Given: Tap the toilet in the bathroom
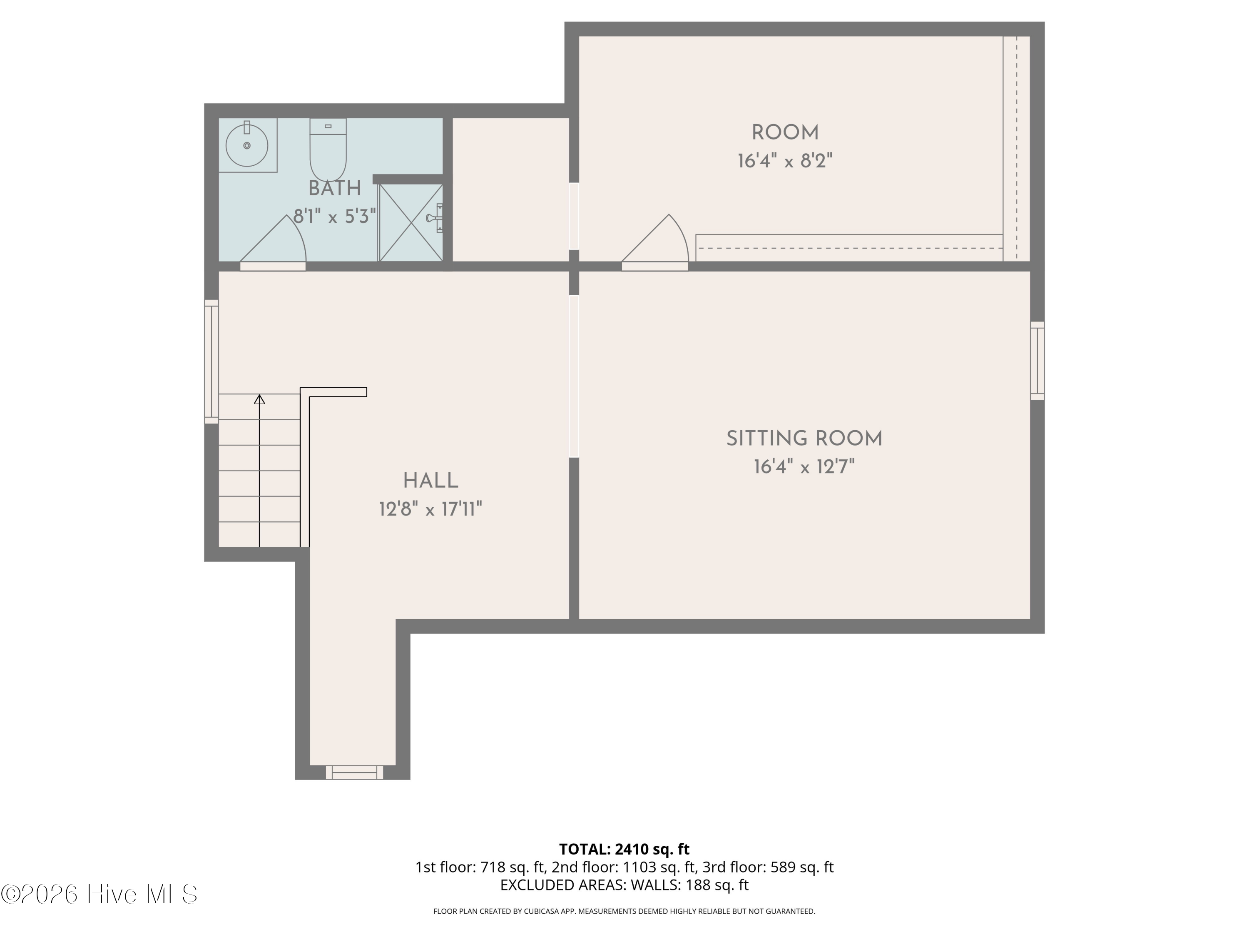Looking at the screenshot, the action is click(328, 150).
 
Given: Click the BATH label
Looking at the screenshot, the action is click(335, 188).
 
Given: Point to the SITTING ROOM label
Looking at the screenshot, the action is click(804, 439).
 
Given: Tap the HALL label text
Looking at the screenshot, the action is click(430, 481).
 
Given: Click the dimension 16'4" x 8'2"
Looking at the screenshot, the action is click(785, 162).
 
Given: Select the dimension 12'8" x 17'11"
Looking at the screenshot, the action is click(430, 510).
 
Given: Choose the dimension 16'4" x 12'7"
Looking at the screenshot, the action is click(804, 467).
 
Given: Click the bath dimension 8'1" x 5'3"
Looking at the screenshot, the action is click(335, 216).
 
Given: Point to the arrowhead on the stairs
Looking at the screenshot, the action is click(259, 399).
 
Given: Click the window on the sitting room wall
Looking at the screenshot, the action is click(1037, 361).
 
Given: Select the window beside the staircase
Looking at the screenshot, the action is click(211, 361).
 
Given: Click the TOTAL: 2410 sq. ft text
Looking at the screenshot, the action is click(624, 849).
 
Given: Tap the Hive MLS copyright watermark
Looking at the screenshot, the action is click(100, 894).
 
